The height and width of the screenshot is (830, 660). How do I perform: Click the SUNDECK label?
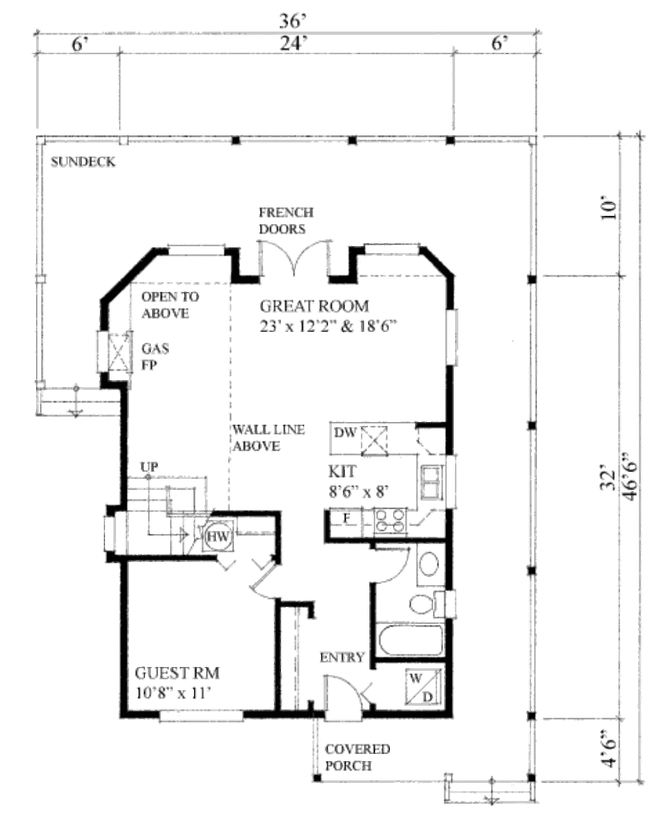[83, 162]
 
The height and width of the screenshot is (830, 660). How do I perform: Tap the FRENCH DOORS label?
[286, 220]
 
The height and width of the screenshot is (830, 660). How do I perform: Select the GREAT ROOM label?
[315, 306]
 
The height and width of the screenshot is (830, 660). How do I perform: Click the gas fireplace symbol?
[119, 352]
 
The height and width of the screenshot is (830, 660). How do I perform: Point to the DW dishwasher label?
[345, 433]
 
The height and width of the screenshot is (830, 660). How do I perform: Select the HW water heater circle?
[218, 536]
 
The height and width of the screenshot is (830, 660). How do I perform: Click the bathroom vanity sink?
[429, 565]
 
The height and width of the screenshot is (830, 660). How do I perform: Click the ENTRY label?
[342, 657]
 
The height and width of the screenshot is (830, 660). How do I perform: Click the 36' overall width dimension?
[293, 21]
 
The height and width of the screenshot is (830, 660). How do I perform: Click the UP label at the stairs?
[150, 467]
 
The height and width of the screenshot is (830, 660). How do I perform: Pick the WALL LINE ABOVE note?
[269, 438]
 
